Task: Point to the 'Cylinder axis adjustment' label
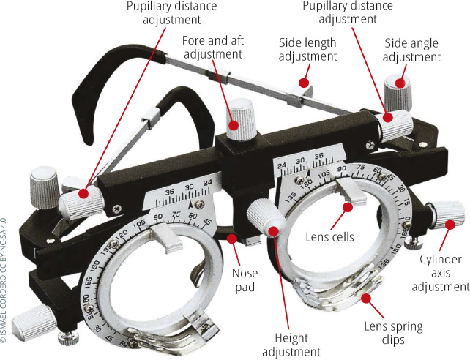click(440, 274)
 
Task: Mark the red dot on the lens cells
click(348, 208)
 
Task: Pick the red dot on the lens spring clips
click(365, 299)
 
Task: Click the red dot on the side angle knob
click(400, 83)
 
